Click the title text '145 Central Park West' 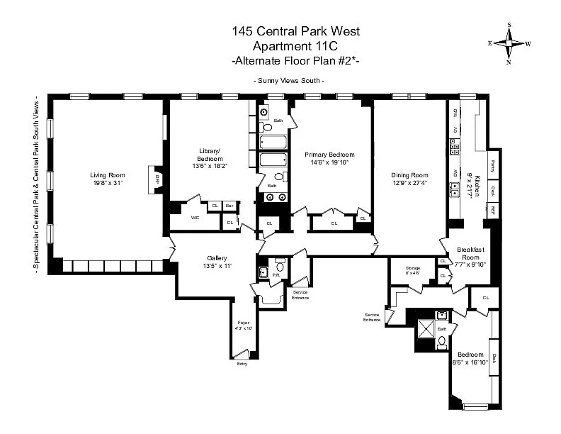(x=296, y=31)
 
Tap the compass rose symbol (x=509, y=43)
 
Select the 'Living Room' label (x=107, y=175)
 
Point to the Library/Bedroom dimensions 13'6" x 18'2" (x=210, y=167)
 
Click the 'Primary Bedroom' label (x=329, y=154)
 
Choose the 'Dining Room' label (x=409, y=175)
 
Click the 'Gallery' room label (x=217, y=257)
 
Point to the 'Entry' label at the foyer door (x=242, y=364)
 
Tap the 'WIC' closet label (x=195, y=218)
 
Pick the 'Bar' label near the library (x=229, y=206)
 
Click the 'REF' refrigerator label (x=492, y=209)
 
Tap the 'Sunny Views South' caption (x=289, y=80)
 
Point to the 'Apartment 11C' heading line (x=296, y=47)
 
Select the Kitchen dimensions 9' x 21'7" (x=468, y=185)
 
